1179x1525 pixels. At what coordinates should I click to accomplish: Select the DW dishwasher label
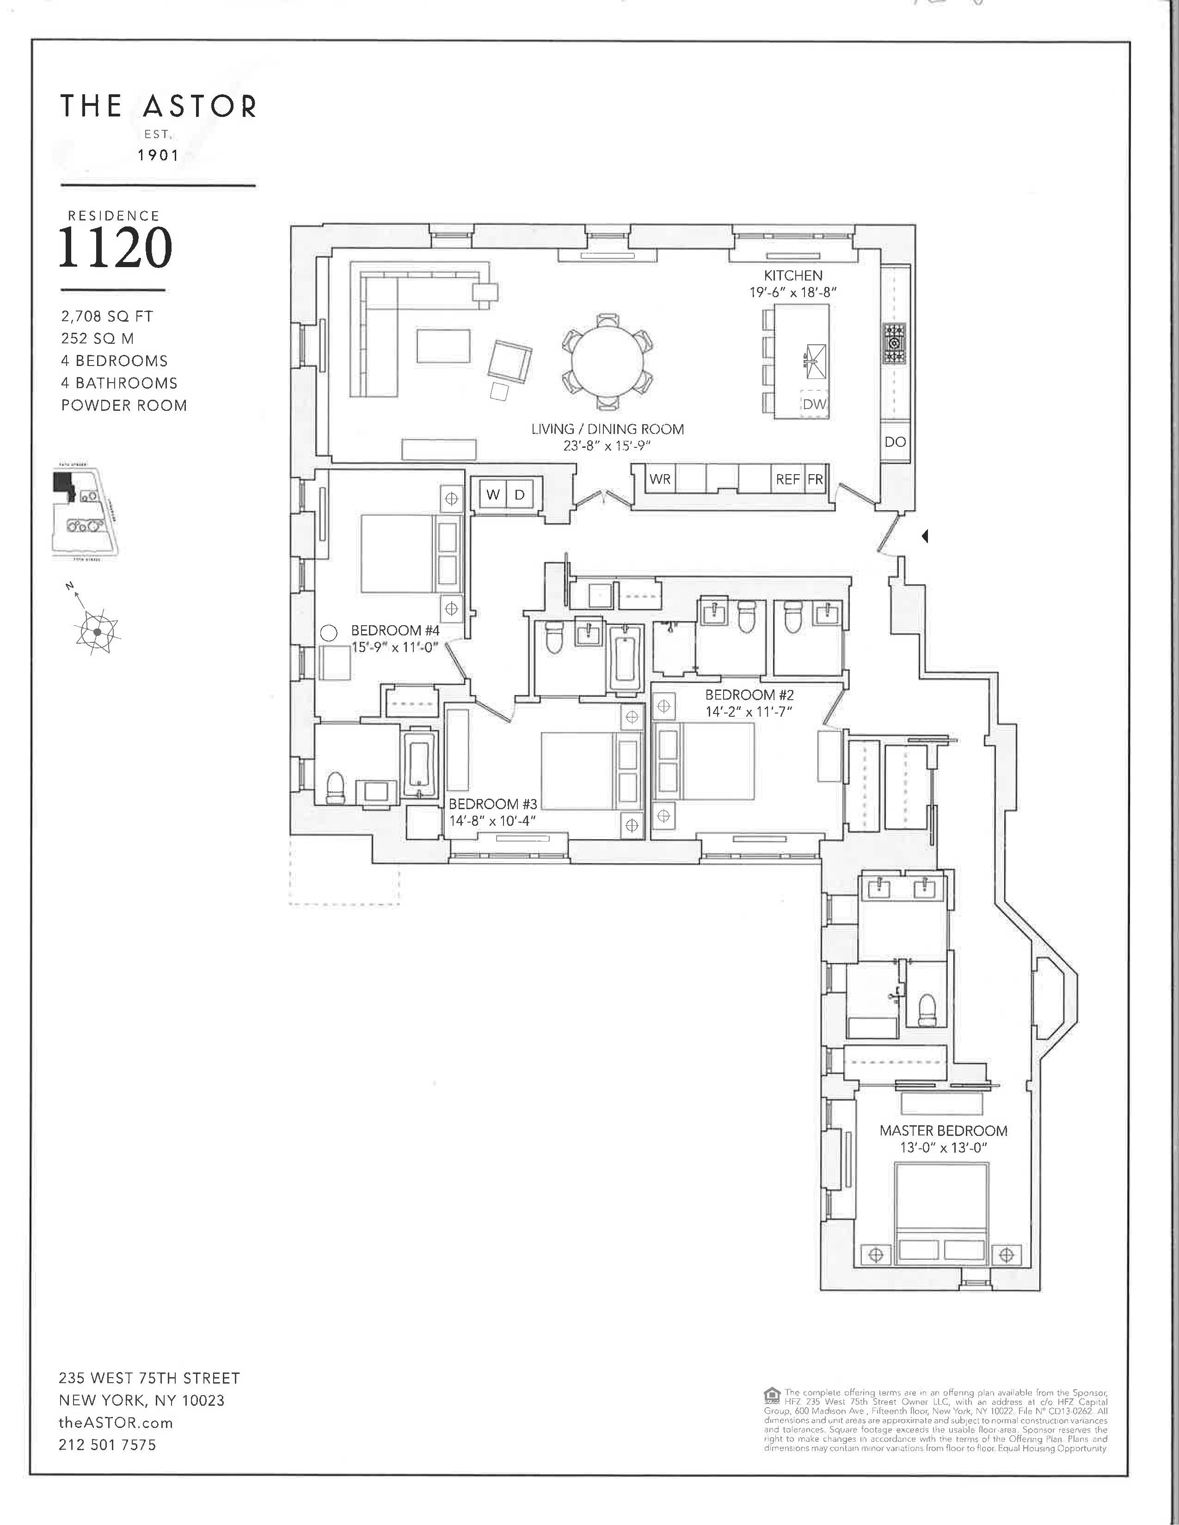(x=814, y=403)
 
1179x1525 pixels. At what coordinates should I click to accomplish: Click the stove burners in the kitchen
(x=895, y=343)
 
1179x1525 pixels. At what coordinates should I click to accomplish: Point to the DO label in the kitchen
(x=895, y=441)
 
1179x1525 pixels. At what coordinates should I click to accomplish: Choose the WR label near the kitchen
(x=659, y=479)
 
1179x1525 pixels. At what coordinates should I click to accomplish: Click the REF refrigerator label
(x=787, y=479)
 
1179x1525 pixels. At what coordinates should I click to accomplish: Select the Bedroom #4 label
(x=395, y=630)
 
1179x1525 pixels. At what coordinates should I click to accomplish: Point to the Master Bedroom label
(x=943, y=1130)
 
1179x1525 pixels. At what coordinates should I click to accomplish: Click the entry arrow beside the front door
(x=925, y=536)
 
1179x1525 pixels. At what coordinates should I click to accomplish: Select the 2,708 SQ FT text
(x=107, y=316)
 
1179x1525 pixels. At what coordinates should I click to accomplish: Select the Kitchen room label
(x=793, y=276)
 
